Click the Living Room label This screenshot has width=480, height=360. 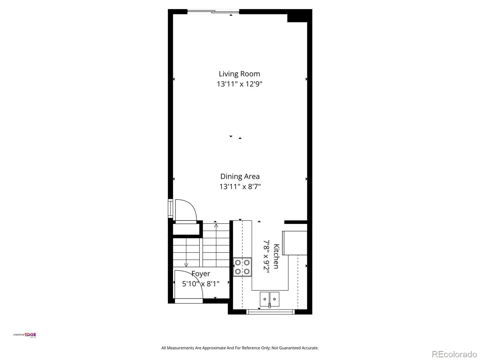pos(239,74)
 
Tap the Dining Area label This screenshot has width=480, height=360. pos(240,176)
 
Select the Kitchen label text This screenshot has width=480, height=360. pos(276,256)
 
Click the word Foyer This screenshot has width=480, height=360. pos(201,274)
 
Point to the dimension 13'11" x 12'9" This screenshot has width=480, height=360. pos(239,84)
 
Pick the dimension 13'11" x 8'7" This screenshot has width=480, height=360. pos(240,187)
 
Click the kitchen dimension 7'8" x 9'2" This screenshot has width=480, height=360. pos(266,256)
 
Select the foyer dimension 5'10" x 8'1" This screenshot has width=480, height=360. pos(201,284)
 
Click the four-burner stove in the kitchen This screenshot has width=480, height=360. pos(242,267)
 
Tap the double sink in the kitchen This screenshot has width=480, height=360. pos(269,299)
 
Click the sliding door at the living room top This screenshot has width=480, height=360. pos(213,11)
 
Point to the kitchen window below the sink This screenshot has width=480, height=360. pos(271,312)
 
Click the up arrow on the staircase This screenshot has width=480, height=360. pos(216,245)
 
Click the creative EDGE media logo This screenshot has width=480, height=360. pos(25,335)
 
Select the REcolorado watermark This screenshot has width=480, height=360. pos(454,354)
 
